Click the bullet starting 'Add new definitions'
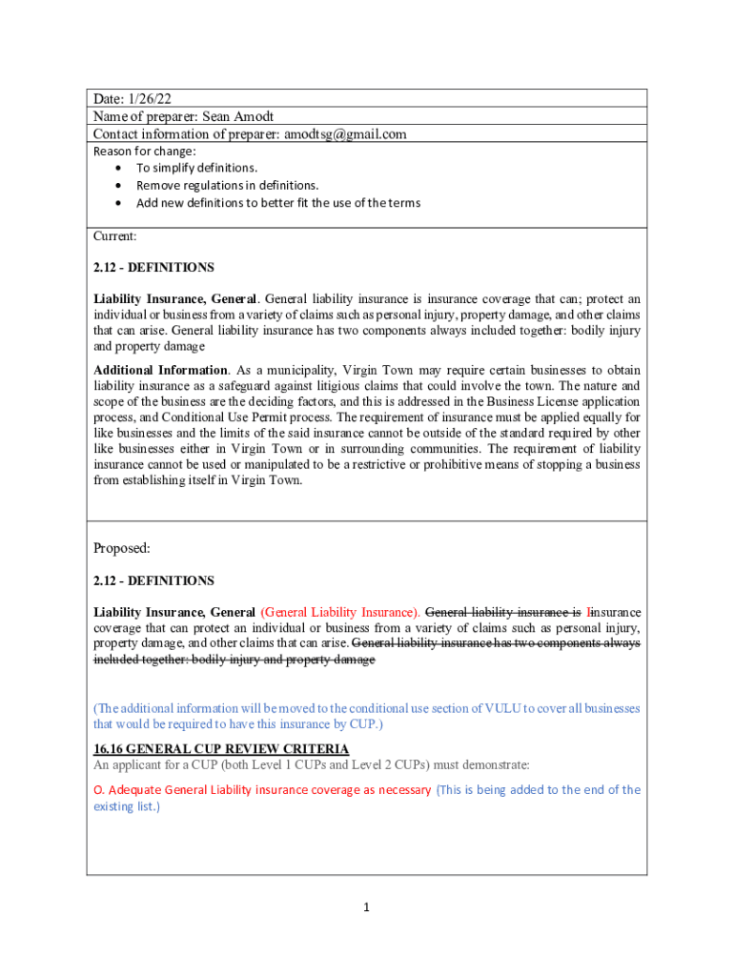click(x=277, y=203)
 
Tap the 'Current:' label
click(x=114, y=235)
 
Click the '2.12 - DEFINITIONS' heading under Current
click(x=153, y=268)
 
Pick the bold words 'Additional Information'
click(x=160, y=370)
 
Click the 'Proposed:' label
click(x=122, y=548)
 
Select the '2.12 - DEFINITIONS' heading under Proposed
click(x=153, y=580)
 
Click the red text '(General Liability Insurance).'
click(x=339, y=612)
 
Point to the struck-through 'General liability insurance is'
click(x=502, y=612)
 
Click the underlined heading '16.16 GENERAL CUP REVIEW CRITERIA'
click(x=214, y=749)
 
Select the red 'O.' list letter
click(x=98, y=790)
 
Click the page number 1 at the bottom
click(x=366, y=908)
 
